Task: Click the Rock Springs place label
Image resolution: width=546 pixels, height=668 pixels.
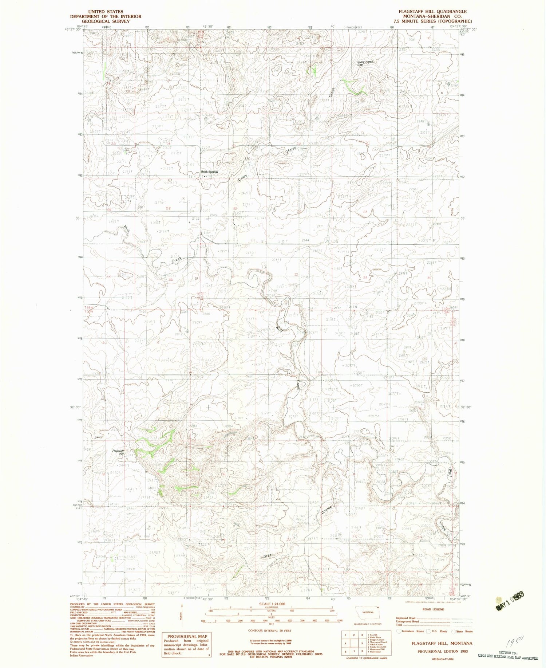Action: [x=210, y=172]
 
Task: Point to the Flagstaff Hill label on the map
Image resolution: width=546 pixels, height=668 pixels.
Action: [x=118, y=452]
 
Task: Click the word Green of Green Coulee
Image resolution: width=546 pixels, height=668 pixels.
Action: [x=268, y=555]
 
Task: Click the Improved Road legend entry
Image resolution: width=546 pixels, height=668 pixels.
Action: [x=406, y=618]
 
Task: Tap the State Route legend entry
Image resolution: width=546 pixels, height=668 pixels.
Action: [x=462, y=631]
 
